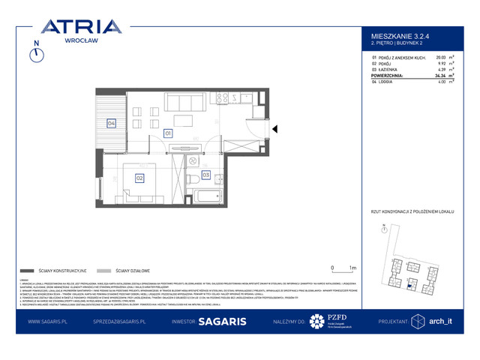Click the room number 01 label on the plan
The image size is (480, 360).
click(168, 133)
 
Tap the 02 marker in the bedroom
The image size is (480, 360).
click(139, 178)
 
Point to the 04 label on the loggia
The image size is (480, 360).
click(111, 123)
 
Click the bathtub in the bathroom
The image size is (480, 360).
click(205, 197)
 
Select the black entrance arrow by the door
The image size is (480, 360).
click(275, 129)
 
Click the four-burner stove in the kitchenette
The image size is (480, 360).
click(222, 97)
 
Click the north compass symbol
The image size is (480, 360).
click(35, 55)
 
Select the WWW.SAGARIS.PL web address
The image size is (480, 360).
click(49, 321)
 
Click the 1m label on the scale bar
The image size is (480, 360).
click(353, 267)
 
